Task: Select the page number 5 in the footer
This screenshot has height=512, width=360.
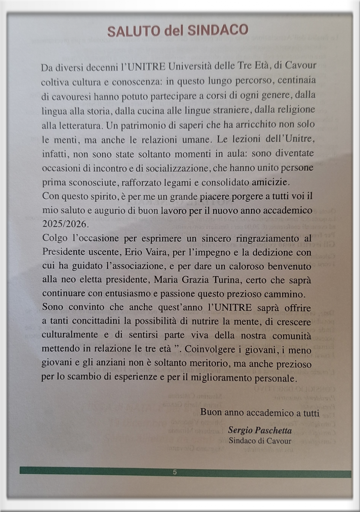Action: click(x=175, y=472)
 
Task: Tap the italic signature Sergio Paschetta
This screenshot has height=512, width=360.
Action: click(x=260, y=430)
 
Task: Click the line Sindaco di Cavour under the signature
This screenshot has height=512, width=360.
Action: click(x=260, y=441)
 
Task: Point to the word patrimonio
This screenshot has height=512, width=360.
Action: click(x=143, y=125)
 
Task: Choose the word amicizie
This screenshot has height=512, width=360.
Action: click(x=270, y=182)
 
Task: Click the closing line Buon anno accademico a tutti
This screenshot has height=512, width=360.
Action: click(x=260, y=412)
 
